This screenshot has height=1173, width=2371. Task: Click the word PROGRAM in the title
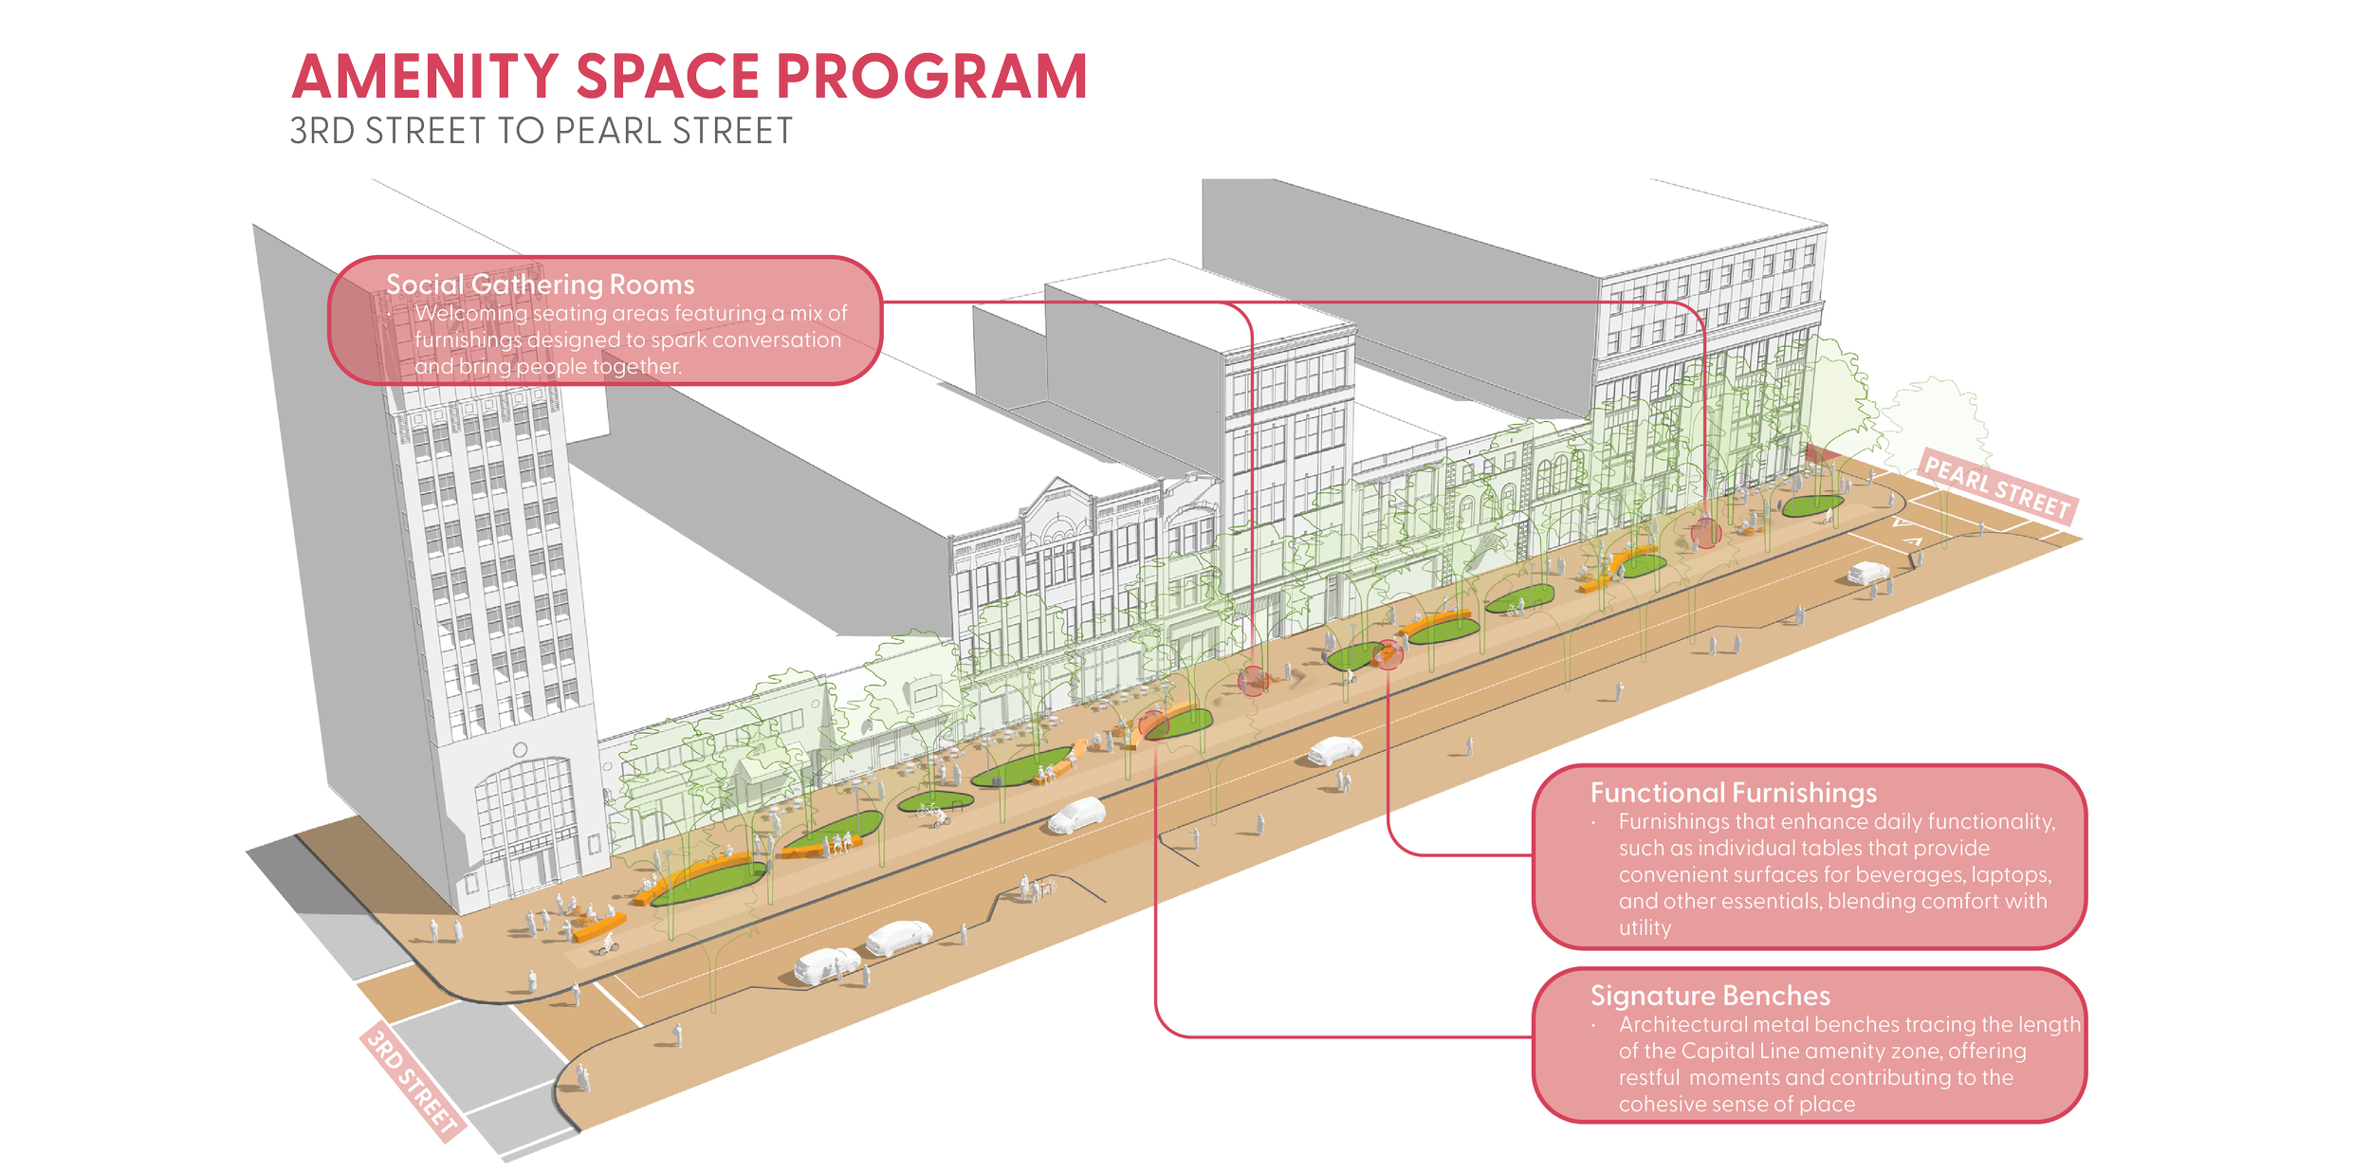point(930,77)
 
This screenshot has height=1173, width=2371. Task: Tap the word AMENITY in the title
point(425,77)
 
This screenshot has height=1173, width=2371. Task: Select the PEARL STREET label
point(1996,487)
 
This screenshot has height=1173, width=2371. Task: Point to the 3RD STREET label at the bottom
point(413,1081)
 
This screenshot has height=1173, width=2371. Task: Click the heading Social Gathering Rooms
point(540,284)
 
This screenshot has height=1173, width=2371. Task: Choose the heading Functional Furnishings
point(1734,793)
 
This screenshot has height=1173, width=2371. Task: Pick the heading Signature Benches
point(1710,996)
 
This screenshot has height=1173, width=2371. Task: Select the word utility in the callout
point(1645,927)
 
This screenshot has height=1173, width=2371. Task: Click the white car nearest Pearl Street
point(1867,573)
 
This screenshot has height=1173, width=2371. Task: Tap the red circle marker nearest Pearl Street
point(1706,533)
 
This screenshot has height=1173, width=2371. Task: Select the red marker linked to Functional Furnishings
point(1388,654)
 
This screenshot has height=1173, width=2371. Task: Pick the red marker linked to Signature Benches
point(1154,724)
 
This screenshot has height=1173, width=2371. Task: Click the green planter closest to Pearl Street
point(1812,506)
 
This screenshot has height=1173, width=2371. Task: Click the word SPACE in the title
point(669,77)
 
